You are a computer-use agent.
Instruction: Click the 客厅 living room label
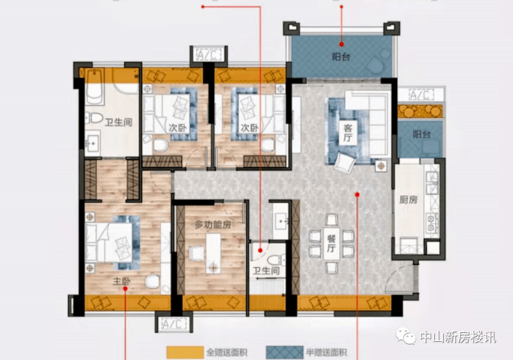pyautogui.click(x=348, y=132)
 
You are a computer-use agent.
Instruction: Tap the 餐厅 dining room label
pyautogui.click(x=331, y=243)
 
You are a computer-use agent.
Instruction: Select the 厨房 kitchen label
pyautogui.click(x=408, y=199)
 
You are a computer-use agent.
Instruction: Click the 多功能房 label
pyautogui.click(x=213, y=225)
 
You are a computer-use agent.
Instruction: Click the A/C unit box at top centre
pyautogui.click(x=209, y=55)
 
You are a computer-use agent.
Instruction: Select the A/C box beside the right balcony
pyautogui.click(x=421, y=95)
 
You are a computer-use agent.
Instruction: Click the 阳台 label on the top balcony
pyautogui.click(x=341, y=57)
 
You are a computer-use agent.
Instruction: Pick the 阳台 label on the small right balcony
pyautogui.click(x=421, y=134)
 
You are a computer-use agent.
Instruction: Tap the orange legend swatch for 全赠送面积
pyautogui.click(x=185, y=352)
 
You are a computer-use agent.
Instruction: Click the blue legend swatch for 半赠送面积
pyautogui.click(x=284, y=352)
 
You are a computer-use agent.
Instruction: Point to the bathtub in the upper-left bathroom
pyautogui.click(x=94, y=87)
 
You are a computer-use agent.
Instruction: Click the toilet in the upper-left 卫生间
pyautogui.click(x=94, y=118)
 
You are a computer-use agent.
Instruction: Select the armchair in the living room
pyautogui.click(x=345, y=162)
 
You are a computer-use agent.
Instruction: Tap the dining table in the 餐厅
pyautogui.click(x=331, y=243)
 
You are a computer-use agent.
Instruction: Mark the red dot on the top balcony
pyautogui.click(x=342, y=44)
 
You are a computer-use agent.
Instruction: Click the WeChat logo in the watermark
pyautogui.click(x=406, y=336)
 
